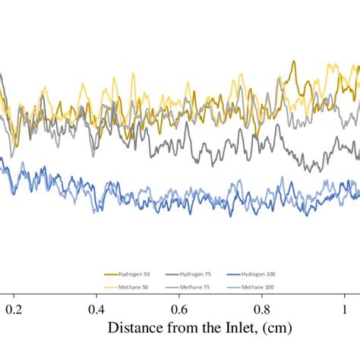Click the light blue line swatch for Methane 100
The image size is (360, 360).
232,286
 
